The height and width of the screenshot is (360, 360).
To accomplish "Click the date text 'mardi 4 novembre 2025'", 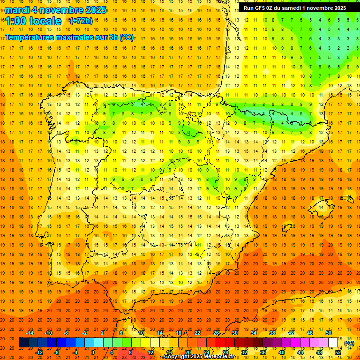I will pyautogui.click(x=56, y=10).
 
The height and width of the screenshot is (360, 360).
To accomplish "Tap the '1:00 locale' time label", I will pyautogui.click(x=33, y=21).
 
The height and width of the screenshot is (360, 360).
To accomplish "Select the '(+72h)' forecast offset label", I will pyautogui.click(x=81, y=21).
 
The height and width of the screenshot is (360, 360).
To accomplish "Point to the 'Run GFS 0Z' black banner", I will pyautogui.click(x=294, y=8).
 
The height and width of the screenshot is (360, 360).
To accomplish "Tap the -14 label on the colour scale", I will pyautogui.click(x=30, y=333).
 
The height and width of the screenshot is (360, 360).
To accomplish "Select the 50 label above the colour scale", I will pyautogui.click(x=329, y=333).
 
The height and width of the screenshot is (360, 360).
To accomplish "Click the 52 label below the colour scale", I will pyautogui.click(x=338, y=352).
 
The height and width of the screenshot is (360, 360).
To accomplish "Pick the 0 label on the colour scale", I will pyautogui.click(x=93, y=352).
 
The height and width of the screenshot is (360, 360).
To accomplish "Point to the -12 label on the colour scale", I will pyautogui.click(x=39, y=352).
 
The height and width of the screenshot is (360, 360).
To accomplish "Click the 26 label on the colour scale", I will pyautogui.click(x=216, y=333).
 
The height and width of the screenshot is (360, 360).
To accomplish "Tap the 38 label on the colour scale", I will pyautogui.click(x=272, y=333).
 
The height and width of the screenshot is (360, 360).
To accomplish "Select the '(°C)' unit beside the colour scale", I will pyautogui.click(x=349, y=343).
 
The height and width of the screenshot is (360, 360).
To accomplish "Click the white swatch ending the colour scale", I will pyautogui.click(x=333, y=343).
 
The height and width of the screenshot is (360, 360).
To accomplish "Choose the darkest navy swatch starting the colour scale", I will pyautogui.click(x=23, y=343).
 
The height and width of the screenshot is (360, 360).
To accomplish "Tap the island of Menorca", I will pyautogui.click(x=347, y=197).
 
